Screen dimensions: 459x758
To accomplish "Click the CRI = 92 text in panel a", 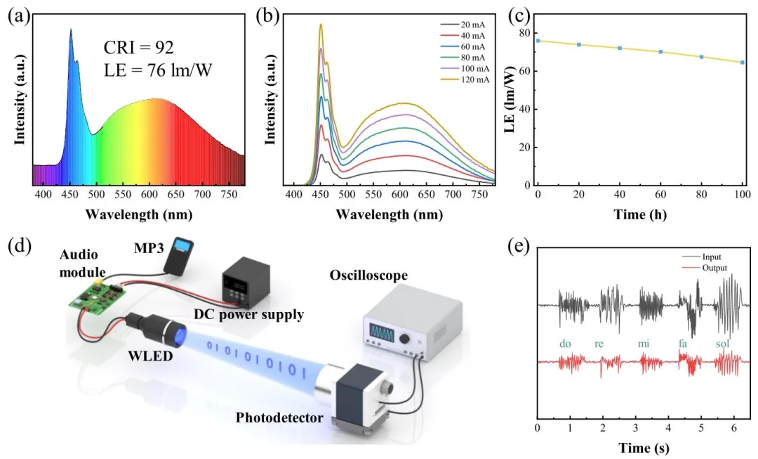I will point(138,48).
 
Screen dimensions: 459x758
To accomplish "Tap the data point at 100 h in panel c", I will point(742,63).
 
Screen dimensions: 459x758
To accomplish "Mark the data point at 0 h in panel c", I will point(538,41).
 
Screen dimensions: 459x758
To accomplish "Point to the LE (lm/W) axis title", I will point(507,109).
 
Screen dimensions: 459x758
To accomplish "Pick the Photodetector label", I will point(279,418).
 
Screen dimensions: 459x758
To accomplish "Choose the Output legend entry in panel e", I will point(712,268).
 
